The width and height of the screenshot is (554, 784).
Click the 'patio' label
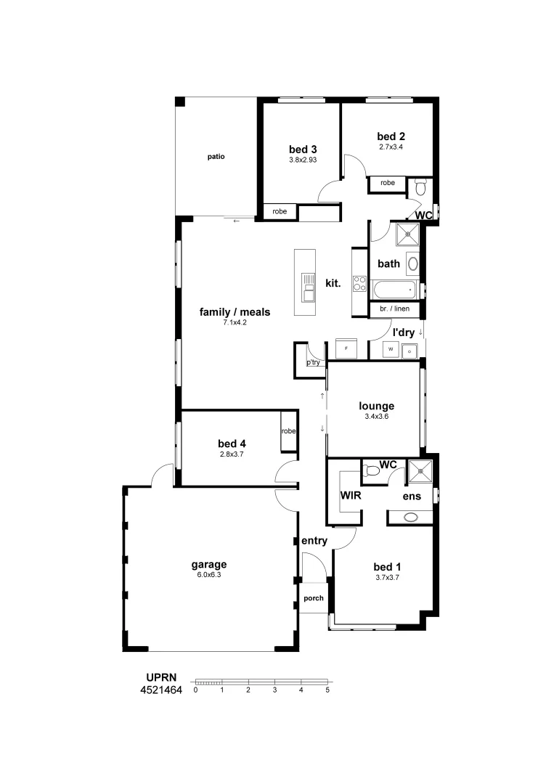click(x=216, y=156)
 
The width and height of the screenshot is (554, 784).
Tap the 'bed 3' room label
click(x=303, y=149)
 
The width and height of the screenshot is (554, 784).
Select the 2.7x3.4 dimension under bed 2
click(x=391, y=147)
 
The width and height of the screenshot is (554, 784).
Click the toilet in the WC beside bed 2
click(x=421, y=189)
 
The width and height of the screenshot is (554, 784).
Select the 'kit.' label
click(x=333, y=282)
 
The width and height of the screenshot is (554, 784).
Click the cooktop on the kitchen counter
click(x=359, y=283)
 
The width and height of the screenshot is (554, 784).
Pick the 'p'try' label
click(x=313, y=362)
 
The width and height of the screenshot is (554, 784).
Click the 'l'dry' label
click(x=403, y=332)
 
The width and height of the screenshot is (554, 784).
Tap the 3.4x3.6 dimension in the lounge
click(x=376, y=417)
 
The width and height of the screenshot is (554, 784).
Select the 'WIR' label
click(x=351, y=495)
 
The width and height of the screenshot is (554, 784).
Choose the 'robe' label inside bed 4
click(x=289, y=431)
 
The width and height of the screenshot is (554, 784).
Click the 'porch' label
click(x=314, y=598)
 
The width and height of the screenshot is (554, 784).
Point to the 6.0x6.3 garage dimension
click(x=209, y=574)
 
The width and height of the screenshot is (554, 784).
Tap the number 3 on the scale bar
click(x=274, y=690)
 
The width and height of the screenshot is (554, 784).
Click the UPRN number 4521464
click(x=161, y=690)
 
